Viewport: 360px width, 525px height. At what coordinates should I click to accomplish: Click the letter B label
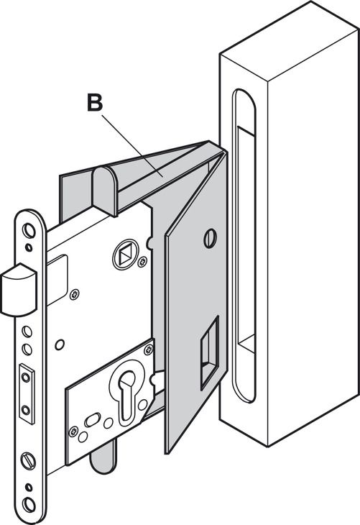click(95, 102)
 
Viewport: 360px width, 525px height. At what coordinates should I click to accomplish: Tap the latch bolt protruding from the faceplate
click(19, 290)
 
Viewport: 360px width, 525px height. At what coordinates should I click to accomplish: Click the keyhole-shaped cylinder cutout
click(127, 394)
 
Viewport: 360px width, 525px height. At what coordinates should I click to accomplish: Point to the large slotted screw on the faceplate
click(28, 461)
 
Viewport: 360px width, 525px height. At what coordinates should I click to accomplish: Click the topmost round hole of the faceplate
click(29, 231)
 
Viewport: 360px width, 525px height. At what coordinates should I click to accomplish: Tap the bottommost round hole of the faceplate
click(29, 506)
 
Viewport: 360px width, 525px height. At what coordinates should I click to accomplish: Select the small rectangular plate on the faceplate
click(27, 393)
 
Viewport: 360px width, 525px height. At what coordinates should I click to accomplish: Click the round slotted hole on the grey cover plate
click(210, 238)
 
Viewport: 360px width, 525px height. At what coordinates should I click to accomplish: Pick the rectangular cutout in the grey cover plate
click(210, 352)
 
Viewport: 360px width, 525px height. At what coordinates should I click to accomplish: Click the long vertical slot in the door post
click(244, 245)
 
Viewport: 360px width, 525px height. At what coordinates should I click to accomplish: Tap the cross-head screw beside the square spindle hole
click(143, 261)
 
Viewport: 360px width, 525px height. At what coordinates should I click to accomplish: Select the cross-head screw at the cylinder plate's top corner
click(148, 350)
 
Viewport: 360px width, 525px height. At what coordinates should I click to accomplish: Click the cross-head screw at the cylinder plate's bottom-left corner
click(73, 432)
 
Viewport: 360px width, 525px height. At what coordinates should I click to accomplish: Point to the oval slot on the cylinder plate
click(93, 420)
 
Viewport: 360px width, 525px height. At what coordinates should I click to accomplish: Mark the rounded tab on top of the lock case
click(105, 191)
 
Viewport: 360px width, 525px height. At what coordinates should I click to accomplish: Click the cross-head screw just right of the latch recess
click(74, 295)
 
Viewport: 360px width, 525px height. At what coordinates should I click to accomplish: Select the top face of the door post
click(290, 40)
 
